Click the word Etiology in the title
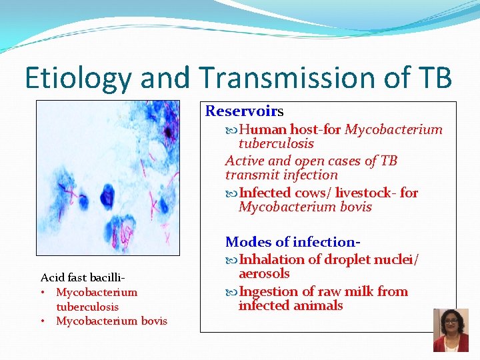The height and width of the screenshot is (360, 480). [x=79, y=78]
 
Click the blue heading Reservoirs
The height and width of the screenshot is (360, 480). [x=244, y=111]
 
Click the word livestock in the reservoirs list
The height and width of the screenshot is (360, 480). [x=365, y=193]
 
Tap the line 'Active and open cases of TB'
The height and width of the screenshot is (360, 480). [x=311, y=161]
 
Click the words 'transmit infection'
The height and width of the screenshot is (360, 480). [x=281, y=175]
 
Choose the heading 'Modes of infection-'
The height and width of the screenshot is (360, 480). [x=289, y=241]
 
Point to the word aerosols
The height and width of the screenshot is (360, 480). [x=264, y=273]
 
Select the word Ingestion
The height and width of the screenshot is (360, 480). [x=269, y=291]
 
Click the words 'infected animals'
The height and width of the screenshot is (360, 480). [x=291, y=305]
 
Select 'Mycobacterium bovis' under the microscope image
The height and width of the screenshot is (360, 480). [x=111, y=321]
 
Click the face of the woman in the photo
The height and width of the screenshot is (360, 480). [x=450, y=322]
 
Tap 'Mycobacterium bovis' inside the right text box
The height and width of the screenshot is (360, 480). [x=305, y=207]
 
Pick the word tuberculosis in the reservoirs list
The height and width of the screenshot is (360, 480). [x=276, y=143]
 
